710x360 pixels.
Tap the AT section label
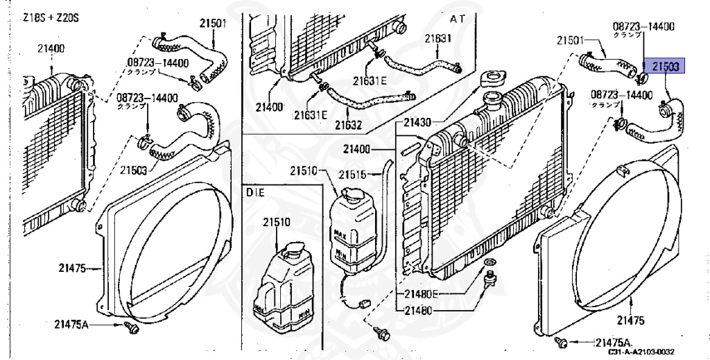(x=458, y=17)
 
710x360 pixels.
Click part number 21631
(x=438, y=39)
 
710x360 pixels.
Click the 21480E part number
(x=417, y=293)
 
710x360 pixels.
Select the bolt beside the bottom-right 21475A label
(x=562, y=342)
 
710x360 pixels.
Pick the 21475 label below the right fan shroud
(x=630, y=320)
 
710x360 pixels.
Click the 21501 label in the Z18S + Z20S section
(x=215, y=22)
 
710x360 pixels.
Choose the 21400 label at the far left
(x=51, y=48)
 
